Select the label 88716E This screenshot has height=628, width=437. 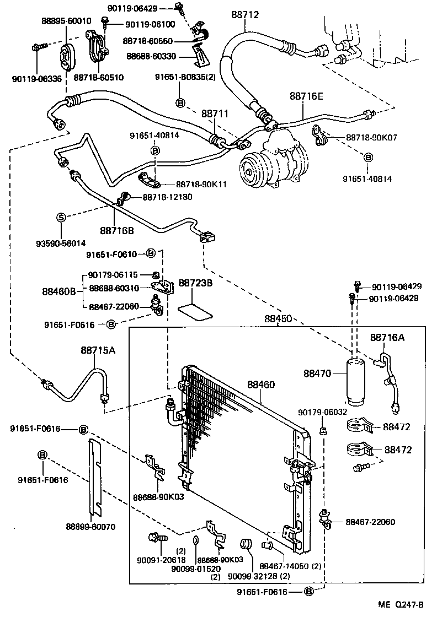(306, 96)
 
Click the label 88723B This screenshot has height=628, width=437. (194, 284)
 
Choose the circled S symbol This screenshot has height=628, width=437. (62, 217)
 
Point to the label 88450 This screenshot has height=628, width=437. (278, 319)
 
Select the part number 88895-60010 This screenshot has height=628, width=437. (66, 20)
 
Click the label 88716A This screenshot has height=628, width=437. (387, 337)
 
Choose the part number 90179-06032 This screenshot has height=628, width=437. (323, 412)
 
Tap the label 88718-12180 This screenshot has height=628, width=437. (168, 197)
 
